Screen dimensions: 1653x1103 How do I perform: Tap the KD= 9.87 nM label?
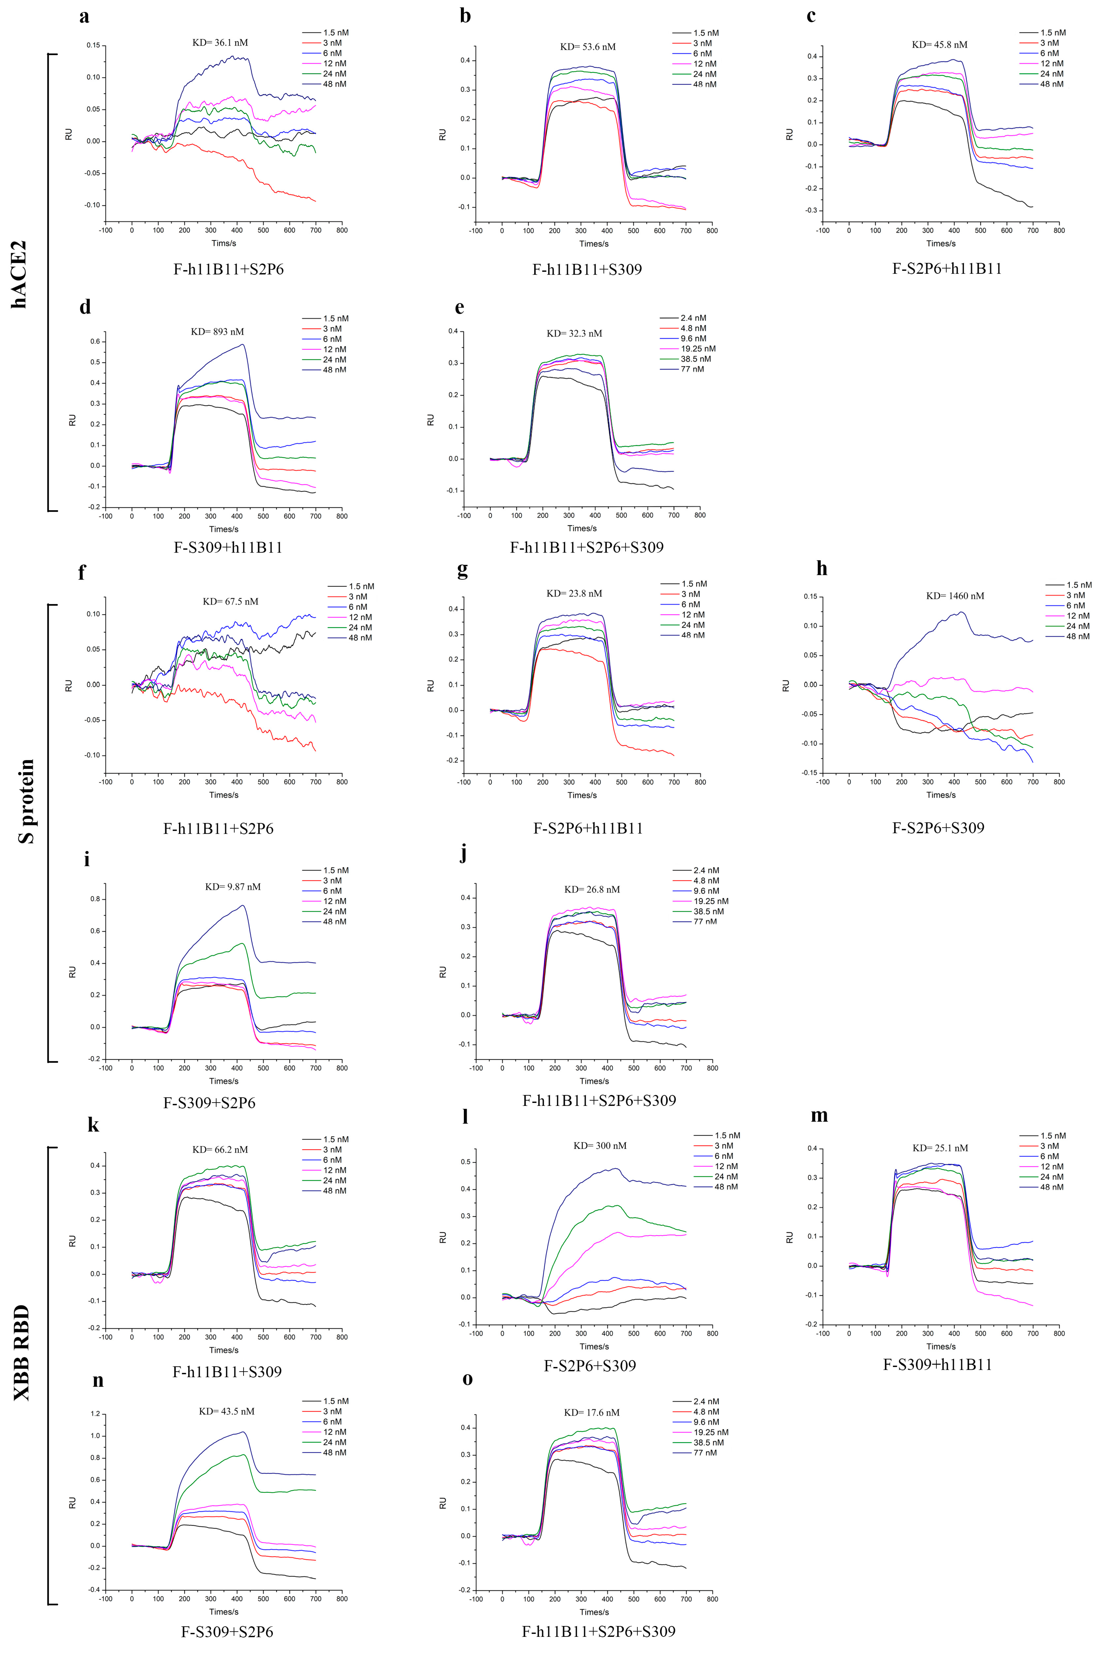click(233, 887)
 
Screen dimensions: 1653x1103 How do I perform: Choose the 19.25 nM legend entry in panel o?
click(710, 1432)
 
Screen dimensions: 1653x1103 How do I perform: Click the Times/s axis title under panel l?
click(594, 1347)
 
